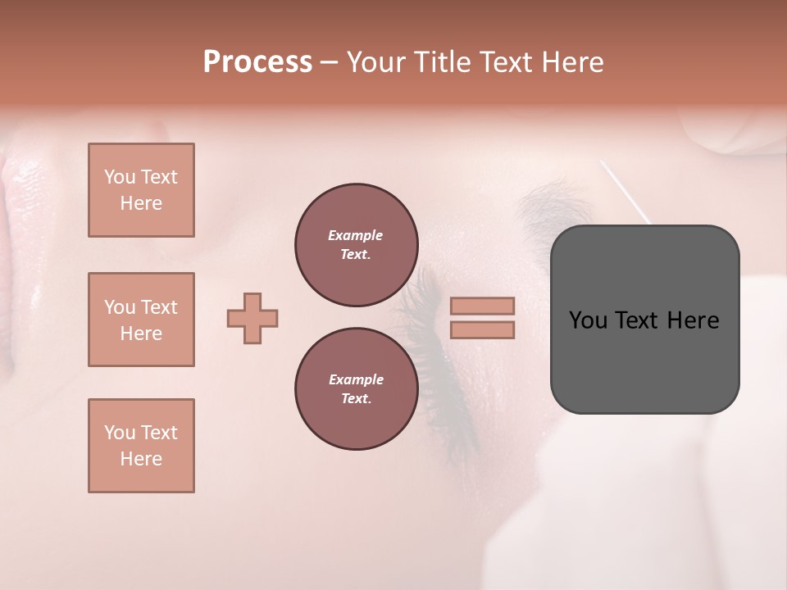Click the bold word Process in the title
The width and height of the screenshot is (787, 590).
(x=257, y=62)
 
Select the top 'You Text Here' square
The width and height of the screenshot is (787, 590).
(x=141, y=190)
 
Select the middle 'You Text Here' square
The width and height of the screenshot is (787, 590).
(x=141, y=320)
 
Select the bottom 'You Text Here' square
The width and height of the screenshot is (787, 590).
(x=141, y=446)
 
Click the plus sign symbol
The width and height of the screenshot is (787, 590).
(x=252, y=318)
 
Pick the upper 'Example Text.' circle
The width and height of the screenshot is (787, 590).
(x=357, y=245)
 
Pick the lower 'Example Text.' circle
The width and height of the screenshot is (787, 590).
(x=357, y=389)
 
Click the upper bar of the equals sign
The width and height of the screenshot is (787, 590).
(x=482, y=306)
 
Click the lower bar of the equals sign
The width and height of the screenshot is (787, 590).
(x=482, y=329)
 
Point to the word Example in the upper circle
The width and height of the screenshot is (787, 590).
(x=356, y=235)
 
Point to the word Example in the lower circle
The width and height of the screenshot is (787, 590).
(x=356, y=379)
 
